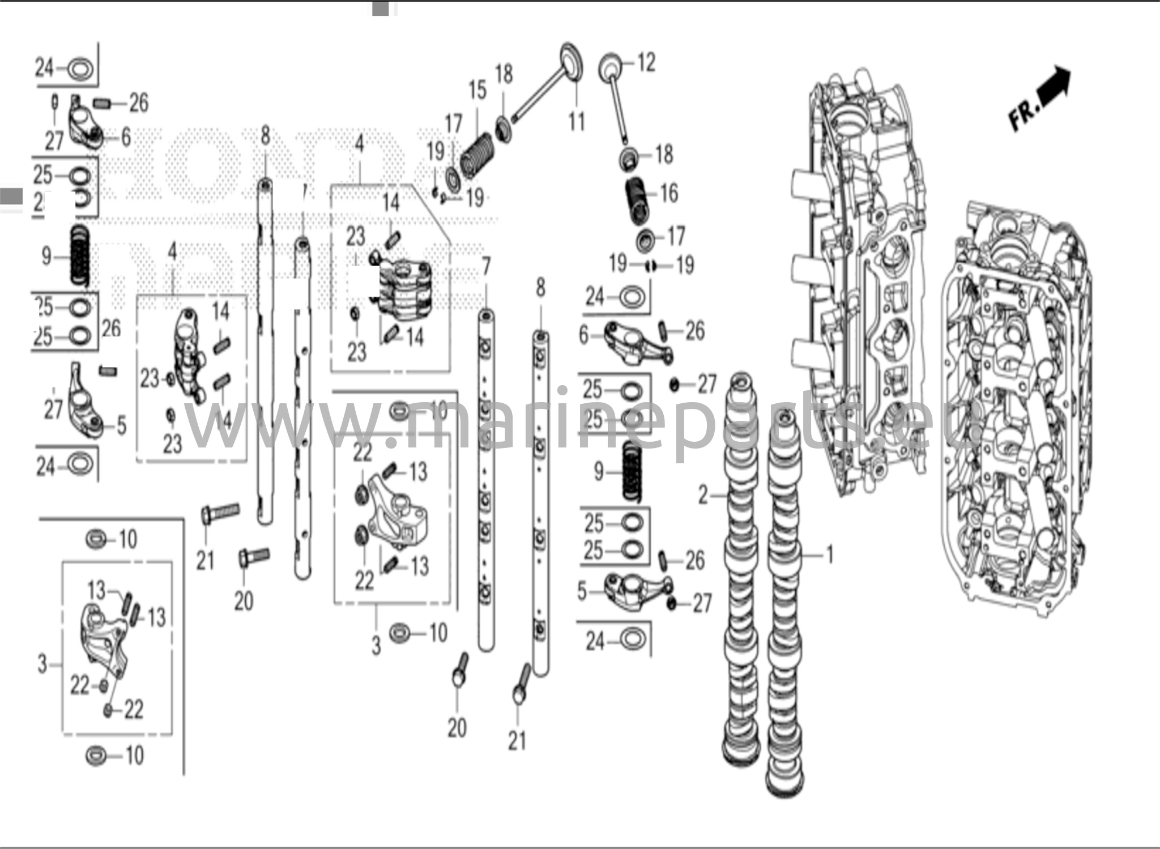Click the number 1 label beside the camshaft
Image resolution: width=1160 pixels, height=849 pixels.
click(830, 554)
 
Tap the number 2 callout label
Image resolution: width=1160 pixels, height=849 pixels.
click(703, 496)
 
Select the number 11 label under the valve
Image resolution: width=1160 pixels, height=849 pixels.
click(577, 122)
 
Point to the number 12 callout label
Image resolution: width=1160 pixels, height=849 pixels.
click(647, 62)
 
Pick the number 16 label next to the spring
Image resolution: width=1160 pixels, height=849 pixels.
click(669, 194)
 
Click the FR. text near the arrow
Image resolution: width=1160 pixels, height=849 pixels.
click(1024, 116)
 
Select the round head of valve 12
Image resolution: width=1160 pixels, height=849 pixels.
click(610, 67)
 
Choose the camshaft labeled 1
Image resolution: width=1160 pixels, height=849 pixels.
click(784, 600)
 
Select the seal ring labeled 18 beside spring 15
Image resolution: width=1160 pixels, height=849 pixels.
click(503, 128)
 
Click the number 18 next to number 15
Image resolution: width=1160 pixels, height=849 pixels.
click(504, 75)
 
